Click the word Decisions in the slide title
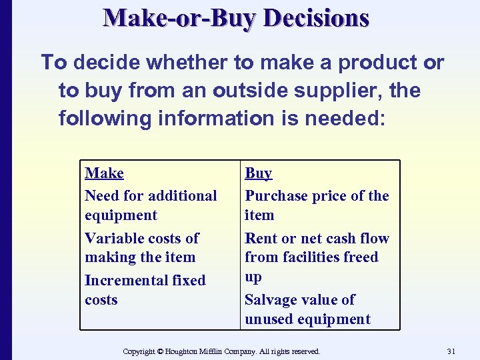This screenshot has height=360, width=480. (x=316, y=18)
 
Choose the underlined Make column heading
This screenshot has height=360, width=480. (x=104, y=173)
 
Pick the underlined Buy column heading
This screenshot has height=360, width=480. (x=258, y=173)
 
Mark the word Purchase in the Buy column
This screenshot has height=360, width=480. (x=275, y=196)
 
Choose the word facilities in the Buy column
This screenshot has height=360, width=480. (x=311, y=257)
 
